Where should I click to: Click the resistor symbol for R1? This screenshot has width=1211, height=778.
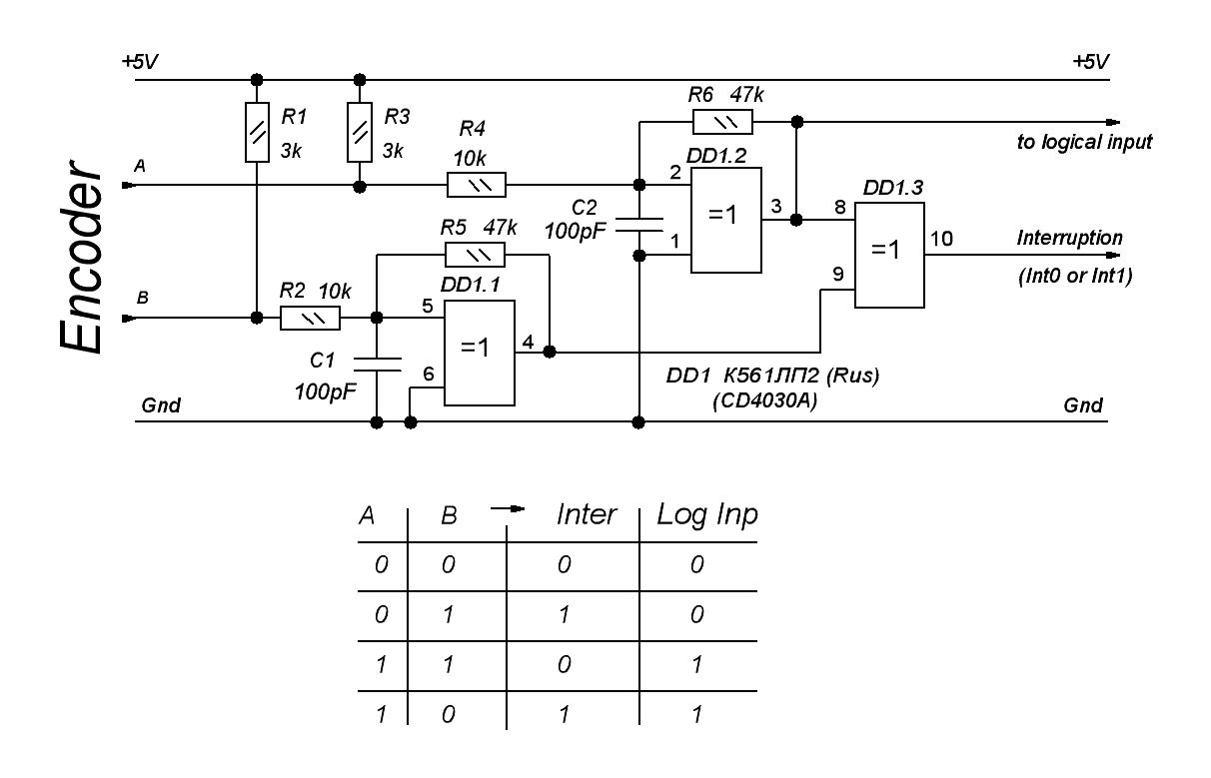point(257,131)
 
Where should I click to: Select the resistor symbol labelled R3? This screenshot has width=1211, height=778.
point(361,131)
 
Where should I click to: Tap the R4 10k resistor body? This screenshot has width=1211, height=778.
point(476,185)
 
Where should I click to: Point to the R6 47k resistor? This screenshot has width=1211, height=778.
point(722,123)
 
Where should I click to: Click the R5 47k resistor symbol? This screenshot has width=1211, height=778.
point(475,254)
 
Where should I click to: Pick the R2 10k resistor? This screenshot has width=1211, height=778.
point(310,318)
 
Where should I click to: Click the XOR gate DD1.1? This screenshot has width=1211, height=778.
point(479,352)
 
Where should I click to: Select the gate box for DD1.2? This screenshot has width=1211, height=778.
point(726,219)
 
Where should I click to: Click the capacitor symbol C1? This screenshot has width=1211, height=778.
point(377,363)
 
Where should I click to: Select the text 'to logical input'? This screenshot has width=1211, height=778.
point(1078,143)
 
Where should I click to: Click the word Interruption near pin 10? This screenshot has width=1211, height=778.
point(1069,239)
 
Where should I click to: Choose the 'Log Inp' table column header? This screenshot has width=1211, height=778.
point(706,515)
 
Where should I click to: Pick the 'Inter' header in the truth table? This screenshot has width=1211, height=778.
point(586,515)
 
